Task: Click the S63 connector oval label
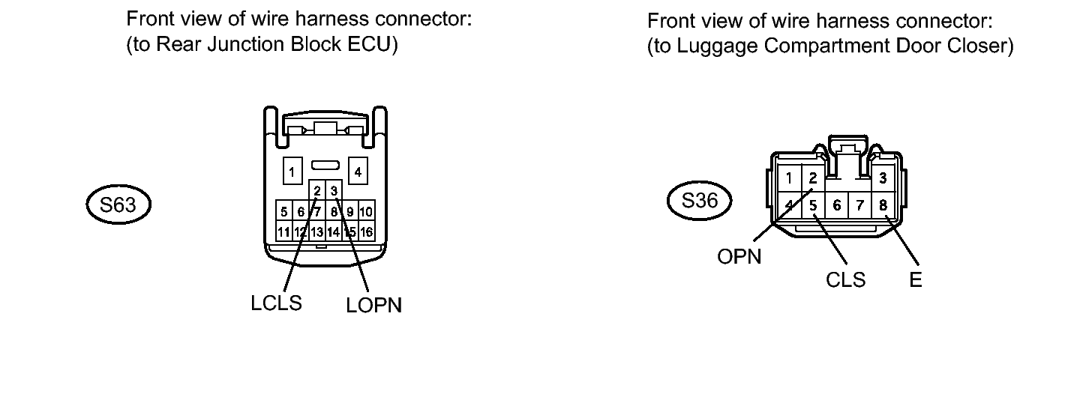[118, 205]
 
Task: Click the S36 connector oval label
[700, 201]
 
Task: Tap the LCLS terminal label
[277, 303]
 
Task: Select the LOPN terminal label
[373, 305]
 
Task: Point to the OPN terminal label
[739, 257]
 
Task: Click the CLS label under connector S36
[845, 279]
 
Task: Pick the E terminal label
[916, 279]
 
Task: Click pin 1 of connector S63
[292, 171]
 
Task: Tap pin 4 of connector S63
[358, 171]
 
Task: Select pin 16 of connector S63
[366, 232]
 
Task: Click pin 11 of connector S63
[284, 232]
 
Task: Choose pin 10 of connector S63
[366, 211]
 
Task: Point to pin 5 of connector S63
[284, 211]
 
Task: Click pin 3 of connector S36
[883, 178]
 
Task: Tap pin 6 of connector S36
[837, 205]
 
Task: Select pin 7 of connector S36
[860, 205]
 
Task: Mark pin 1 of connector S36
[789, 178]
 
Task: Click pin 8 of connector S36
[883, 205]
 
